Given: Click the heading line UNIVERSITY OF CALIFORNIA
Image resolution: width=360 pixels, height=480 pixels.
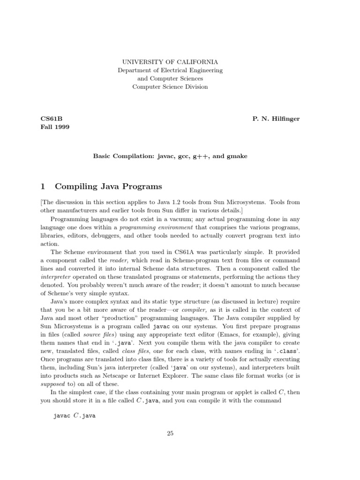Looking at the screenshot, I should [170, 61].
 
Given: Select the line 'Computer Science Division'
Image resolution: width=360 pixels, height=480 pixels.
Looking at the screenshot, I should [170, 87].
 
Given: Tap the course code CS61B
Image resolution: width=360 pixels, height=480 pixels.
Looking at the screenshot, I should [51, 119].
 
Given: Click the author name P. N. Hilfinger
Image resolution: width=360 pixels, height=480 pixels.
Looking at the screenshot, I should [276, 119].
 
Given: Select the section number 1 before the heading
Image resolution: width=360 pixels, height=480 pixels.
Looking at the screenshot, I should [43, 186].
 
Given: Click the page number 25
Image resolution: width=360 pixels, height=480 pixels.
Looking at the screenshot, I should [170, 434].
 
